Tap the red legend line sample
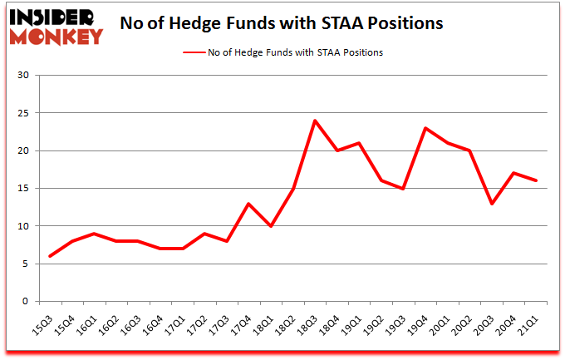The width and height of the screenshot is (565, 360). coord(202,52)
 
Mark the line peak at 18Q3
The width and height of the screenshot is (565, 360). coord(316,121)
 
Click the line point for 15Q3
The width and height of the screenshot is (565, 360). coord(50,256)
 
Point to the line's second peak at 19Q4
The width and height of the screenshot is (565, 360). coord(426,128)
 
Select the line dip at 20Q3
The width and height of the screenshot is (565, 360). coord(493,204)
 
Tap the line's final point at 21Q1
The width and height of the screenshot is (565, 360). coord(537,180)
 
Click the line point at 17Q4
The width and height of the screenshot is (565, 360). coord(249,204)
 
